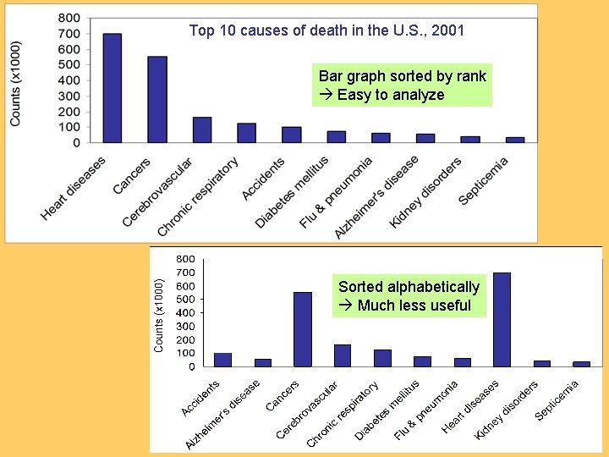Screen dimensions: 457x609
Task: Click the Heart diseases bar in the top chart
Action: (x=112, y=88)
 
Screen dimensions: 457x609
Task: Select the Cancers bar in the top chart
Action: (x=157, y=100)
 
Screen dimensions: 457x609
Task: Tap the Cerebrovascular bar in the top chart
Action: (x=202, y=130)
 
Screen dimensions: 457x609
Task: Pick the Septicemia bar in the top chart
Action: (x=515, y=140)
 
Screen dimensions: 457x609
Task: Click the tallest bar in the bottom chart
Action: (x=502, y=319)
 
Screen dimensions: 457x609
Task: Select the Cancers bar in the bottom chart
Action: (x=303, y=329)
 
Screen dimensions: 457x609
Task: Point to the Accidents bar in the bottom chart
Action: (x=223, y=360)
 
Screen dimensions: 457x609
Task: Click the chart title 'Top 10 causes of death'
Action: (x=326, y=31)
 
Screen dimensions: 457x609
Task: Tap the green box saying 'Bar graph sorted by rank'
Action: (x=402, y=85)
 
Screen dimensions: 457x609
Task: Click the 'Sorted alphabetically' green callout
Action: (x=409, y=296)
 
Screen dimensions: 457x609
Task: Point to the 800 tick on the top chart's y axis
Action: (x=70, y=18)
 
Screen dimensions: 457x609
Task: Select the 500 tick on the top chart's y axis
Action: (x=70, y=64)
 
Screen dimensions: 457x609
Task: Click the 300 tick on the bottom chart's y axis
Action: (x=184, y=326)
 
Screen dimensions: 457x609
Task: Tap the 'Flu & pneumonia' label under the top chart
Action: (x=337, y=193)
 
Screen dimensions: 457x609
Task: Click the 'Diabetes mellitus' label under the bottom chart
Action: (x=387, y=410)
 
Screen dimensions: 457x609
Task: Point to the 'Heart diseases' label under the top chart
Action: (x=74, y=188)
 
